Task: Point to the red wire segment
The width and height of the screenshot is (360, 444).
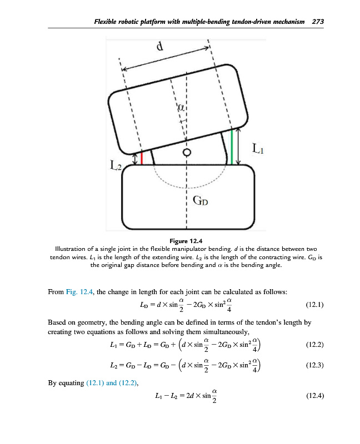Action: tap(142, 158)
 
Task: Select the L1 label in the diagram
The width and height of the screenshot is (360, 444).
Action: tap(259, 149)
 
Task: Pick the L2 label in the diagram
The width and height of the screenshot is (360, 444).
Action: tap(114, 165)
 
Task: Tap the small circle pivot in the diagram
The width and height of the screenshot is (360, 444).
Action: tap(187, 152)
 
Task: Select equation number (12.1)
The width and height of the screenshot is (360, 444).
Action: tap(314, 305)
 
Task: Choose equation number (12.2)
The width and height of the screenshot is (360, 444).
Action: tap(314, 345)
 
